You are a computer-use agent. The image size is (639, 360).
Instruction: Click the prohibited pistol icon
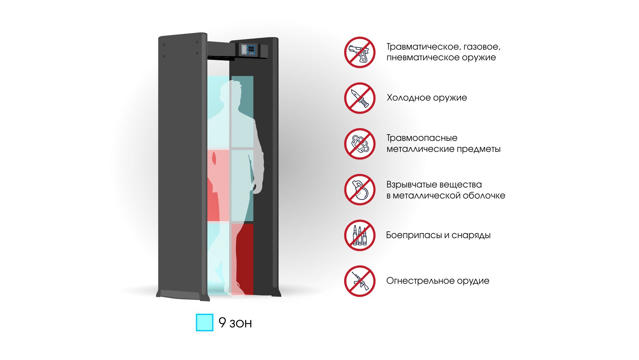359,52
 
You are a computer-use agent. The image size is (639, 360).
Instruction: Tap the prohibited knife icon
359,98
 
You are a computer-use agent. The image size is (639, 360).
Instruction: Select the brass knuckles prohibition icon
359,144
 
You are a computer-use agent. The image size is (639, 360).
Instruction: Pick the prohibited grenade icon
359,189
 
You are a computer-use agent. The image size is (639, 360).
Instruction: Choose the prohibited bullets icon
359,235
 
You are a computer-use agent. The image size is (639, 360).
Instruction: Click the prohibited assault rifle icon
359,281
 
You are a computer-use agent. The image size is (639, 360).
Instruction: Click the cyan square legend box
204,322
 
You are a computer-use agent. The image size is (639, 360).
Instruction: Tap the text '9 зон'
235,323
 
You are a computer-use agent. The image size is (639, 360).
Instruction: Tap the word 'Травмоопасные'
422,138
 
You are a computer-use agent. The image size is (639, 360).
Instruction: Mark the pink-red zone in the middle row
218,185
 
